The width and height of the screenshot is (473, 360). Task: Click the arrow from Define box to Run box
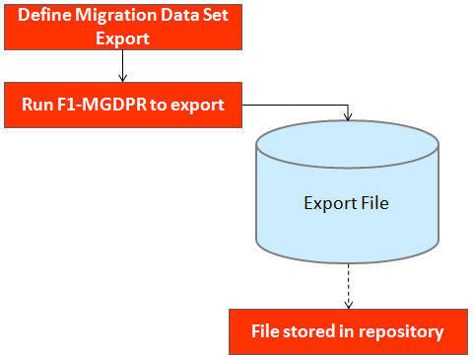tap(122, 66)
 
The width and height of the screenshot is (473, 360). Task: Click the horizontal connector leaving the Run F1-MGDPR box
tap(296, 102)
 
